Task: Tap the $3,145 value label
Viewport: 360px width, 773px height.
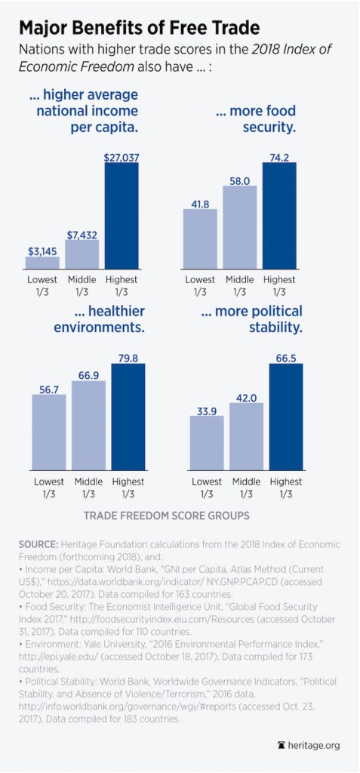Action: click(42, 250)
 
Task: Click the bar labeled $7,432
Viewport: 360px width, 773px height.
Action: click(82, 254)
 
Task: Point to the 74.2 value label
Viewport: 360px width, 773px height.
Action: click(279, 155)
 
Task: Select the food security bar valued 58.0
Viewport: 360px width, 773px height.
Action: click(239, 227)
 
